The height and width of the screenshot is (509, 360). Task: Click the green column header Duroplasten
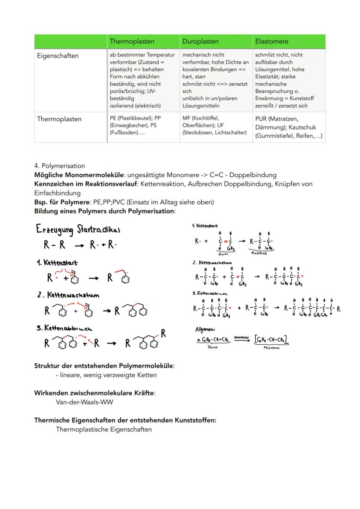point(200,41)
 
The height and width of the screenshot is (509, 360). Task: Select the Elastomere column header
point(272,41)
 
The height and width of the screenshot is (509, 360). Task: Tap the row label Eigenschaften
point(57,56)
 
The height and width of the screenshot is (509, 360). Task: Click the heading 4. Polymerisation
point(60,166)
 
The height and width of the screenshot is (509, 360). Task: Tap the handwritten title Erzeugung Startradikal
point(78,230)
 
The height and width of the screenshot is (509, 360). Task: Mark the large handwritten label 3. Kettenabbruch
point(64,328)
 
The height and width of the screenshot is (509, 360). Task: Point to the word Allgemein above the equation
point(205,329)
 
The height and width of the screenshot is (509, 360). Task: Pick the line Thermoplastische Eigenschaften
point(104,429)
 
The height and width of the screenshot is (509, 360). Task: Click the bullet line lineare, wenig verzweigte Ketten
point(106,375)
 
